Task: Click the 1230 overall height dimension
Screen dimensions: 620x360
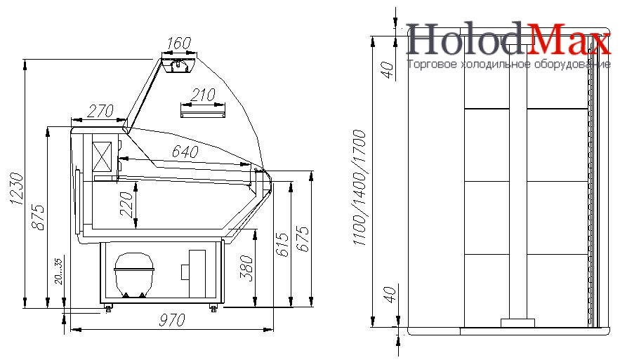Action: [17, 189]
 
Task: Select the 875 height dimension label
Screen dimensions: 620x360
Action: [38, 217]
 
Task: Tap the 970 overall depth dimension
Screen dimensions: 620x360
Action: [172, 320]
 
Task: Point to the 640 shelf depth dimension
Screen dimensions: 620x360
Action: [185, 152]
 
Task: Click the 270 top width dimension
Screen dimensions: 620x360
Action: [100, 111]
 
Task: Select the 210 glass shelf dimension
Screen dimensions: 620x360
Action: [203, 95]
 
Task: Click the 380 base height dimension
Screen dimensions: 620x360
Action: [247, 268]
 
